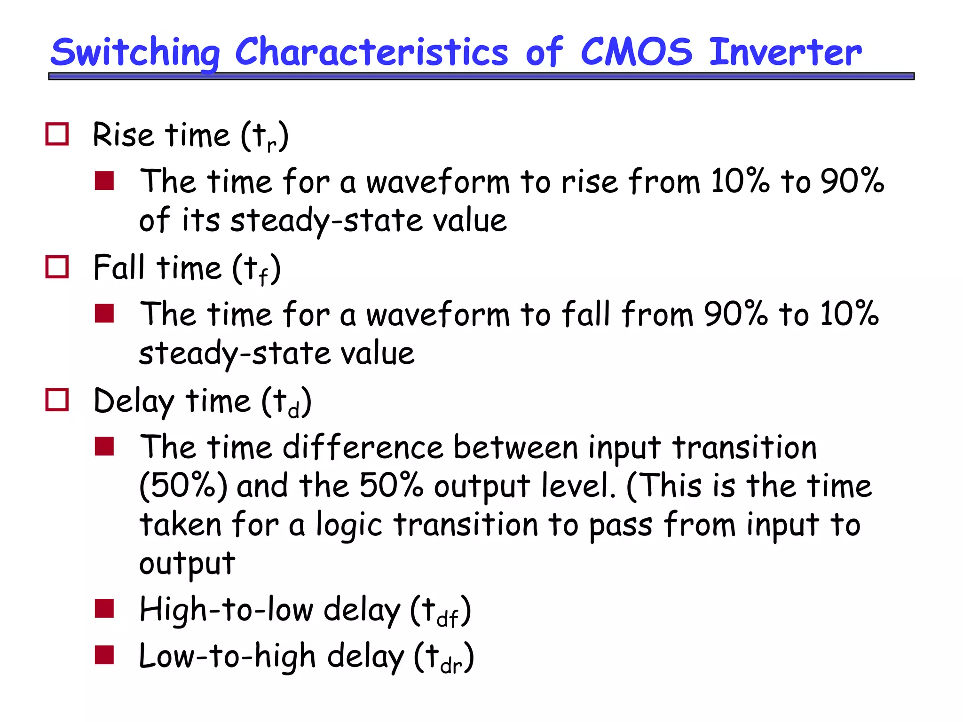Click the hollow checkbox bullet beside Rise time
[57, 134]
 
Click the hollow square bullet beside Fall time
[57, 267]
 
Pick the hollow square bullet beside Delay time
[57, 400]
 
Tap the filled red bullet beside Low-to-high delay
[104, 655]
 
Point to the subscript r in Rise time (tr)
[271, 145]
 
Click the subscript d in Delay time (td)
[293, 411]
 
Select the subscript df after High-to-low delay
[447, 619]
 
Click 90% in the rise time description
[852, 181]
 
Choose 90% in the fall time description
[736, 314]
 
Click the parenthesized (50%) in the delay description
[183, 485]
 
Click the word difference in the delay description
[363, 447]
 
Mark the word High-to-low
[226, 609]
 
